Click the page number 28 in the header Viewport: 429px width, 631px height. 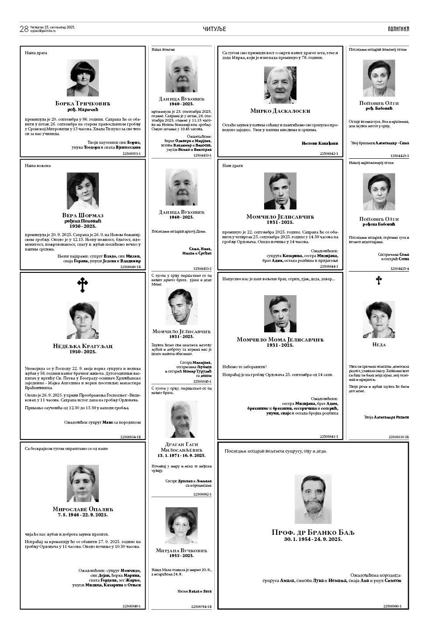pyautogui.click(x=24, y=29)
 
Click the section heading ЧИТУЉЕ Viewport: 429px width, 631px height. pyautogui.click(x=214, y=29)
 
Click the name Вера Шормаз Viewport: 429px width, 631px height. pyautogui.click(x=83, y=215)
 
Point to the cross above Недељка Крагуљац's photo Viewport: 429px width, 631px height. pyautogui.click(x=83, y=285)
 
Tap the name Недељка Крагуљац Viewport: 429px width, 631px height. pyautogui.click(x=83, y=346)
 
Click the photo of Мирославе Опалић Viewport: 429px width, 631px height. pyautogui.click(x=83, y=483)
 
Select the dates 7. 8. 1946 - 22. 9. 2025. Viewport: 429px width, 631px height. pyautogui.click(x=83, y=515)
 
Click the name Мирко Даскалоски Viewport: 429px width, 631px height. pyautogui.click(x=280, y=111)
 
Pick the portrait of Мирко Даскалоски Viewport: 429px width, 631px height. pyautogui.click(x=280, y=85)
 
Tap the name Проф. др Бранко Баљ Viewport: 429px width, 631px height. pyautogui.click(x=313, y=532)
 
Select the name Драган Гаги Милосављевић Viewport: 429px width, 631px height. pyautogui.click(x=181, y=447)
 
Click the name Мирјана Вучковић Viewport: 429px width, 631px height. pyautogui.click(x=181, y=550)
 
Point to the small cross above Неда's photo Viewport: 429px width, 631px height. pyautogui.click(x=379, y=280)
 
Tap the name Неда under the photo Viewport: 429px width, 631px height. pyautogui.click(x=379, y=345)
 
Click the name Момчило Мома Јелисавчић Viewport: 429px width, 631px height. pyautogui.click(x=280, y=339)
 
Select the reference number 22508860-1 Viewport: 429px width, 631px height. pyautogui.click(x=392, y=606)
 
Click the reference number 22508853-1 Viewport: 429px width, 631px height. pyautogui.click(x=131, y=153)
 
